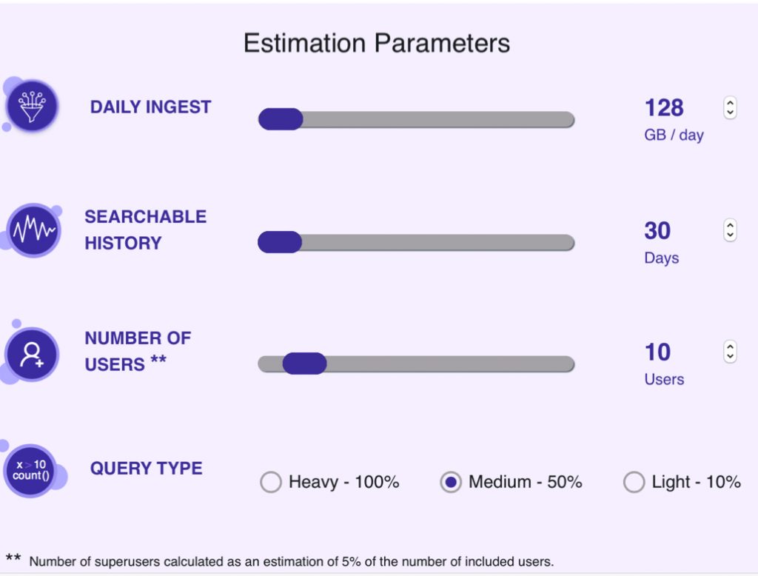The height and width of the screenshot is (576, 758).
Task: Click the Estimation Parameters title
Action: click(x=377, y=43)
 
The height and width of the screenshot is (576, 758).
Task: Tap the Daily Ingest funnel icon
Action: click(x=32, y=107)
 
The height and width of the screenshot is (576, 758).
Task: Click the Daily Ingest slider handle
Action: click(x=281, y=119)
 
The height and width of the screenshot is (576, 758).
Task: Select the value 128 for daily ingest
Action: click(x=664, y=108)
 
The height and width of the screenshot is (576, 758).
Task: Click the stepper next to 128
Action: click(x=730, y=108)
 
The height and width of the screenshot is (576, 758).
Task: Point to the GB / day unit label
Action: click(x=674, y=135)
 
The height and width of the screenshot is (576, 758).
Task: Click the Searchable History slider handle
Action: click(x=280, y=242)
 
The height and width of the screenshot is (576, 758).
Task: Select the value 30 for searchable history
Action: click(x=657, y=231)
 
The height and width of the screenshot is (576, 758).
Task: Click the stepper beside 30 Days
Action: click(x=730, y=230)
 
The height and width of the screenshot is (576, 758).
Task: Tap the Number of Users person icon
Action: click(x=32, y=354)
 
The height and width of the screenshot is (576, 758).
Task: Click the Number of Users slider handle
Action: click(x=304, y=364)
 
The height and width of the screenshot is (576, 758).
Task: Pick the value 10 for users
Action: click(x=657, y=352)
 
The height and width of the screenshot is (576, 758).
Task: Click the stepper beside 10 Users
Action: click(x=730, y=352)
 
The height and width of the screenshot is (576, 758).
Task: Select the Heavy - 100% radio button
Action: click(x=271, y=483)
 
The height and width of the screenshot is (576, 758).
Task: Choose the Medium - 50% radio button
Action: click(x=450, y=483)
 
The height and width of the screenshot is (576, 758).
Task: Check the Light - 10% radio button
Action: click(x=634, y=483)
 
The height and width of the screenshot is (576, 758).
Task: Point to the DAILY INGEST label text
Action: click(x=150, y=107)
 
